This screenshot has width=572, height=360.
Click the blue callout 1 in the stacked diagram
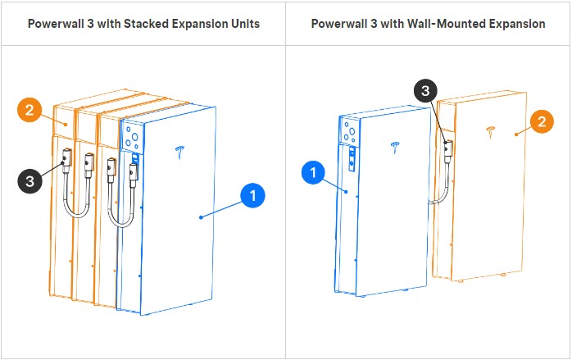(253, 196)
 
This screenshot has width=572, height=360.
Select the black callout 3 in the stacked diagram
(30, 180)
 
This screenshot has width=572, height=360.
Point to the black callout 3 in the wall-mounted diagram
(424, 91)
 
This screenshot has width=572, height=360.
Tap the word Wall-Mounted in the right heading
(443, 24)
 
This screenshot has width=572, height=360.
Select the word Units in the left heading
(245, 24)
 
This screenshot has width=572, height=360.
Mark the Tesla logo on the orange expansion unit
(491, 130)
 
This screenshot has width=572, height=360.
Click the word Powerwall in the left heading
(57, 24)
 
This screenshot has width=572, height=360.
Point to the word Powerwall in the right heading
(340, 24)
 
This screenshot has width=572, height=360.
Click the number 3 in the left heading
(91, 24)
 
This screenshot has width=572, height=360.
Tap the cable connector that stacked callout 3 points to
(68, 157)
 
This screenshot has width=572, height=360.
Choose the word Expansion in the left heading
(198, 24)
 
